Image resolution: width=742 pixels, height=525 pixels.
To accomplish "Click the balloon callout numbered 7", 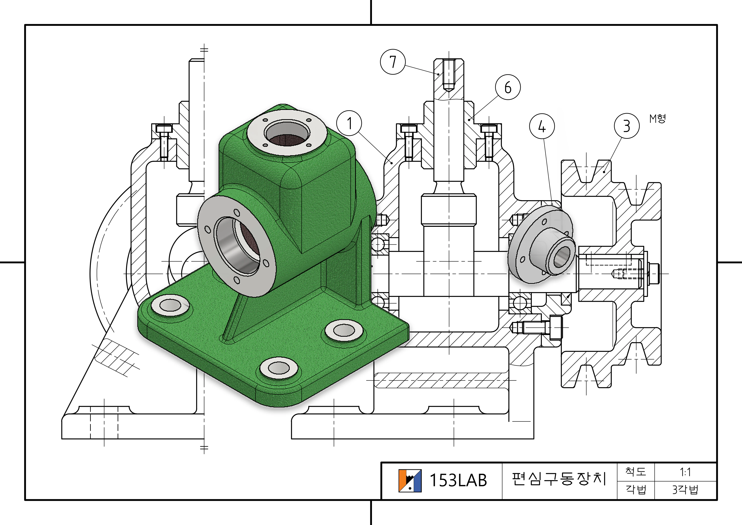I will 393,62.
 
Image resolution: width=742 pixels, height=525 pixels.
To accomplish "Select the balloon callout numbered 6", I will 508,87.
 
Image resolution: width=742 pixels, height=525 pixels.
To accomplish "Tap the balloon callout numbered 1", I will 349,123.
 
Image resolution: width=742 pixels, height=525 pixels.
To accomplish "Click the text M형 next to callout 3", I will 658,119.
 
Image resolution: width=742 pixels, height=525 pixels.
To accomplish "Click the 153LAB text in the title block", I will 458,480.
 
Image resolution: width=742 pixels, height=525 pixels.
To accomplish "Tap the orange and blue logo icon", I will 410,481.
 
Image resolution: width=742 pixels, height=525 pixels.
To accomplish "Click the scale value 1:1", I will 685,472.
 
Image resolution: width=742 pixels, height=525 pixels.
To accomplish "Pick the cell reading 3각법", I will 685,490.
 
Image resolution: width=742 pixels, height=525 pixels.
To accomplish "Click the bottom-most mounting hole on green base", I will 279,368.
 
